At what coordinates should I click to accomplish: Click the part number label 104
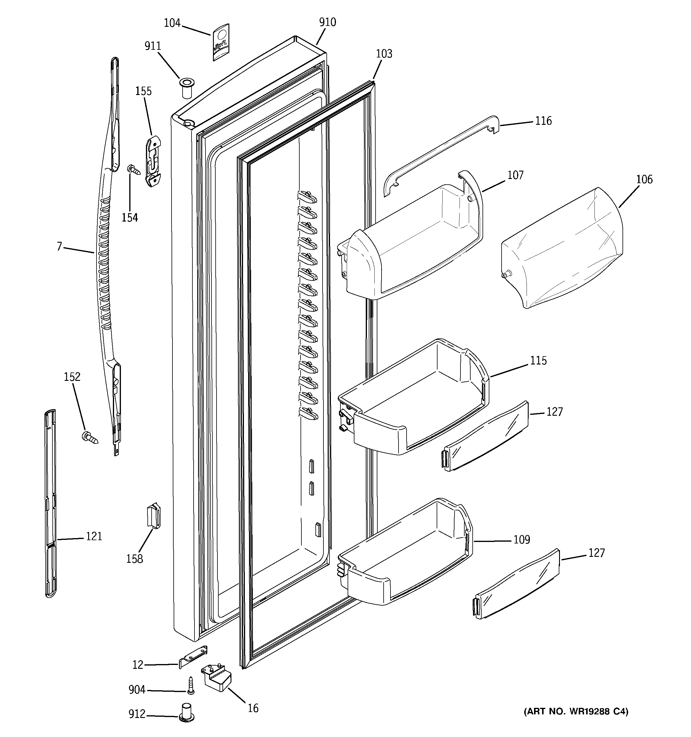click(x=172, y=23)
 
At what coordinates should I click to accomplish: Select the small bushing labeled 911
click(x=186, y=87)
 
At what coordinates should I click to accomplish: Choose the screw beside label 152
click(x=90, y=438)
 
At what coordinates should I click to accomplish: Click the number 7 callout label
click(x=59, y=246)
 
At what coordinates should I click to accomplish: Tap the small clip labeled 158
click(x=154, y=516)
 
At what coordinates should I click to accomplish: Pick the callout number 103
click(x=384, y=54)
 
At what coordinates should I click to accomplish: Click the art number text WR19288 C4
click(x=576, y=711)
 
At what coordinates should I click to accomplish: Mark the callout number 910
click(x=328, y=22)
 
